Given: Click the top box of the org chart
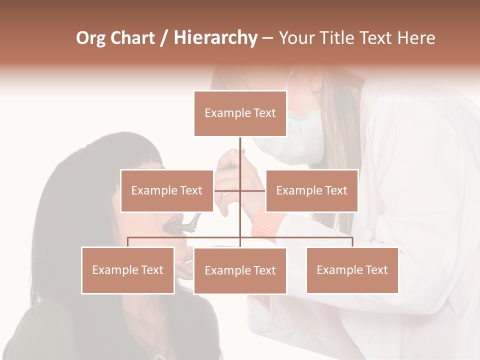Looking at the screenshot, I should tap(240, 113).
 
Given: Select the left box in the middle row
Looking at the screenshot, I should tap(167, 190).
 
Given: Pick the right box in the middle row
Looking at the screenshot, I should tap(311, 190).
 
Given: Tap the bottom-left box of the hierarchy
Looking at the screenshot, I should tap(128, 270).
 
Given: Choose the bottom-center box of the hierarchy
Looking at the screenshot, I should tap(240, 270).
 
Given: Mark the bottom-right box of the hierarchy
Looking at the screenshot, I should tap(352, 270).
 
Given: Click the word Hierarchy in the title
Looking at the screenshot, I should tap(215, 38).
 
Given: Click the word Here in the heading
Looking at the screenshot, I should tap(416, 38).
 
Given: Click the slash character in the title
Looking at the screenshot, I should tap(163, 38).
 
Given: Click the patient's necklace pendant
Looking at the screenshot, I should tap(159, 356).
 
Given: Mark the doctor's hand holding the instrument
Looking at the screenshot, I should tap(227, 172).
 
